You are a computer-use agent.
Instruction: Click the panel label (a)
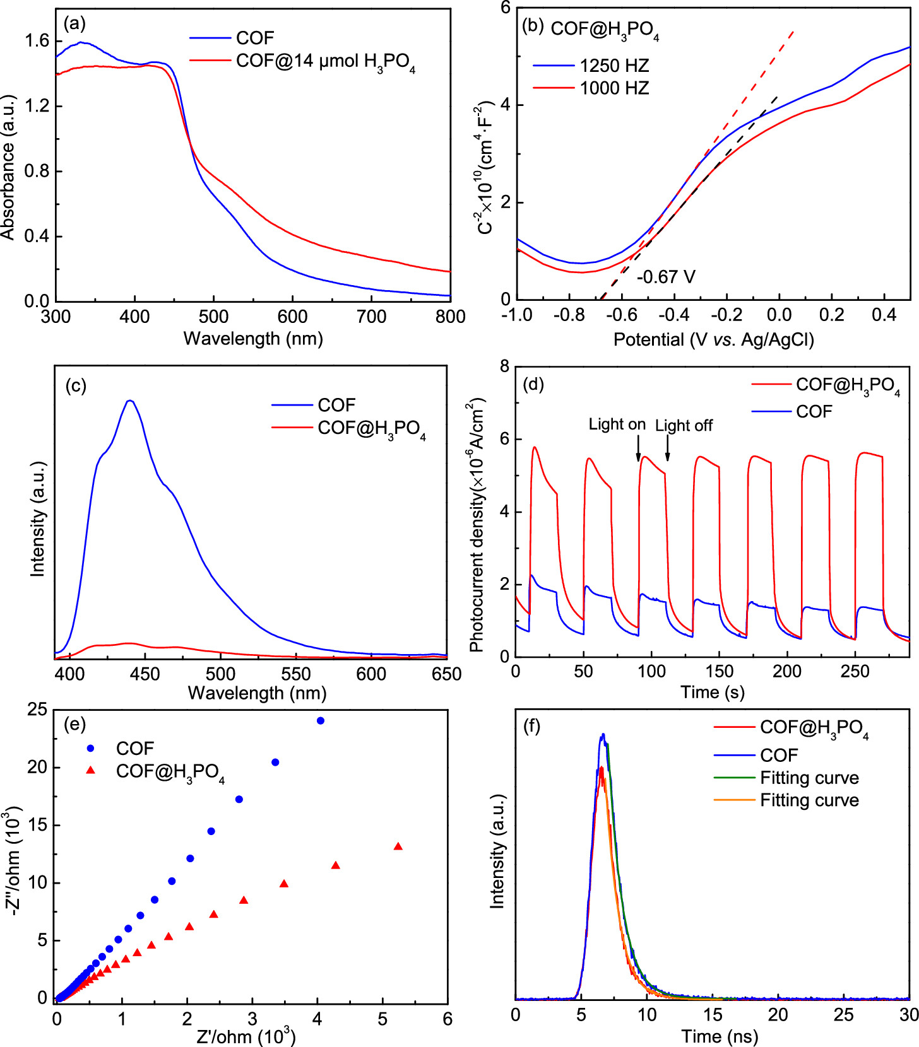point(74,23)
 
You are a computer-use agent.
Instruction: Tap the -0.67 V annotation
point(666,277)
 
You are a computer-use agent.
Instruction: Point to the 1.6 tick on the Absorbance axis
point(36,41)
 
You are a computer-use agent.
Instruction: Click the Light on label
point(617,424)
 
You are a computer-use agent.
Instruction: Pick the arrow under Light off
point(668,448)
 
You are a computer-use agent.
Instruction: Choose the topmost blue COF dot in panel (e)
point(321,721)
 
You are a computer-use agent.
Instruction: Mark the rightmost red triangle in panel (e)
point(398,846)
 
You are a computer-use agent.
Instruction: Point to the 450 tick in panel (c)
point(145,674)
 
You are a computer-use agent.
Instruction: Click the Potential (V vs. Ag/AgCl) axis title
point(713,340)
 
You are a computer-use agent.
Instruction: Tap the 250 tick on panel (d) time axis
point(855,672)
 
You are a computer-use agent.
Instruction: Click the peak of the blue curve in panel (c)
point(131,401)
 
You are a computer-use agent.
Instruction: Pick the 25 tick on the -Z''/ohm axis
point(37,710)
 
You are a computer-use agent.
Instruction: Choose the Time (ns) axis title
point(719,1036)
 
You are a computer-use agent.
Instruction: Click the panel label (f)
point(532,726)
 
